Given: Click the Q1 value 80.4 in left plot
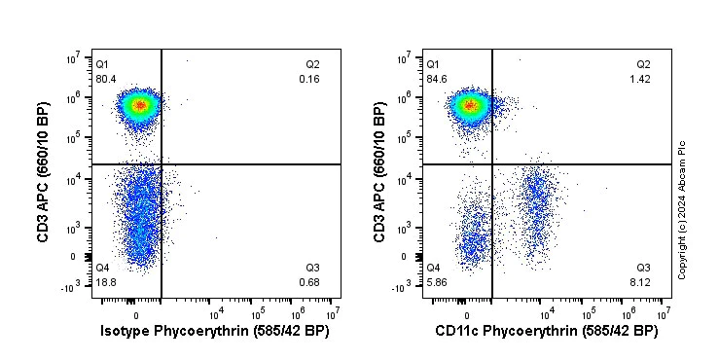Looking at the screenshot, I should tap(105, 79).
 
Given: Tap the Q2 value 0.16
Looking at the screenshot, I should tap(310, 79).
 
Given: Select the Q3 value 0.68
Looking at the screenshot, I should tap(310, 283).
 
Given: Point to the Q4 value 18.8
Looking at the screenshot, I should tap(105, 283).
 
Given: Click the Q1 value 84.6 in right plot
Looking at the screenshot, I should tap(436, 79).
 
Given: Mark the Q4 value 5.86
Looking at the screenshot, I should tap(436, 283).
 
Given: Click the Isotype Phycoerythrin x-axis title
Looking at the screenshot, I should tap(215, 332).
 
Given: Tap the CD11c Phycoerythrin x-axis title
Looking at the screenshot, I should tap(546, 332).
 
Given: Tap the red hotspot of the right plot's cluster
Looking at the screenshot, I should tap(470, 104).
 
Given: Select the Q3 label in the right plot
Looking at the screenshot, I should tap(643, 268).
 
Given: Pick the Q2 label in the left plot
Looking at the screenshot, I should tap(312, 64).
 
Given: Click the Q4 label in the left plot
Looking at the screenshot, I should tap(102, 268).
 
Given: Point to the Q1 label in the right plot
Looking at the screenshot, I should tap(433, 64).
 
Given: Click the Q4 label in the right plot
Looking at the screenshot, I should tap(433, 268).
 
